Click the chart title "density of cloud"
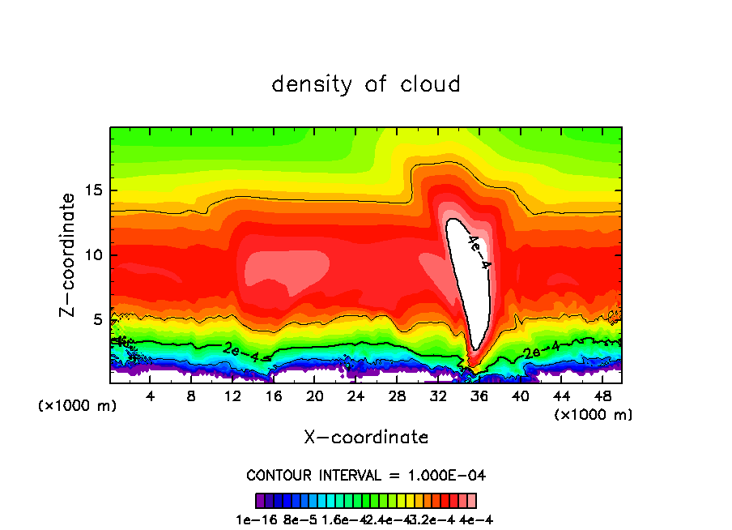[366, 84]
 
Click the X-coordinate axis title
[366, 438]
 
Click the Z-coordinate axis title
[69, 254]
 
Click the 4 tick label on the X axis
[150, 396]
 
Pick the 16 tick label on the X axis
[274, 396]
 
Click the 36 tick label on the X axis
[479, 396]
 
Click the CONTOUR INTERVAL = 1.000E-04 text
[366, 475]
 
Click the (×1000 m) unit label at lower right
[594, 415]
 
